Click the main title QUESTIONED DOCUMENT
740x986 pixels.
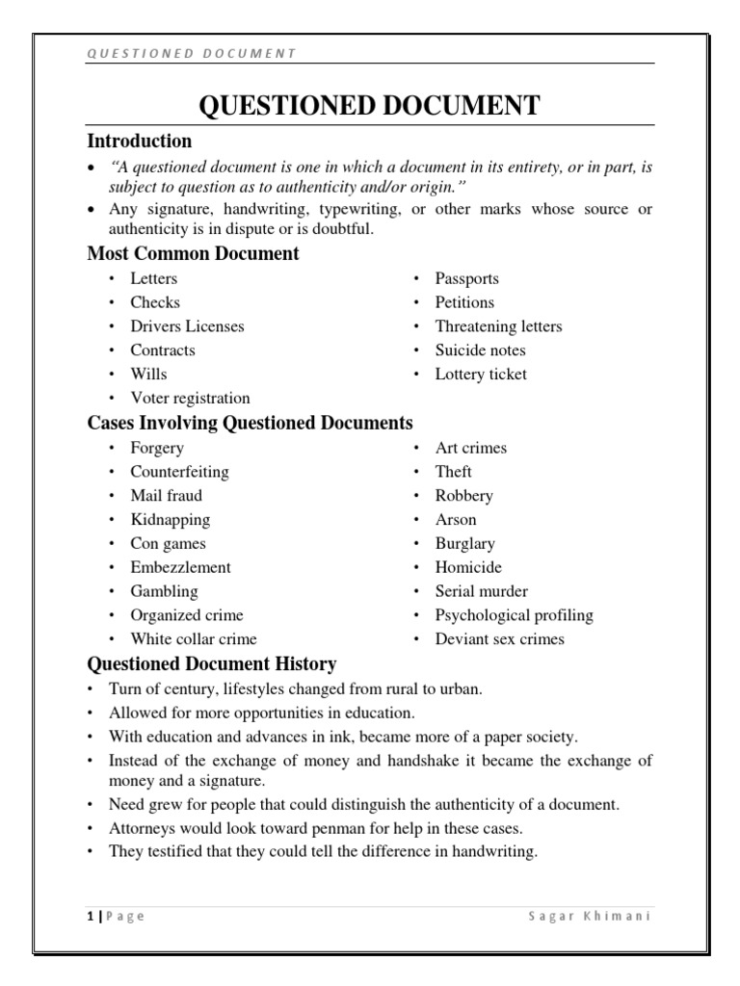369,106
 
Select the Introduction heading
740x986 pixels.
140,142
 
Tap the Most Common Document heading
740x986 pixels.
193,254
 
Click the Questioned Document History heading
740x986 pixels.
212,663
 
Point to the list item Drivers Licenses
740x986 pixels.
188,326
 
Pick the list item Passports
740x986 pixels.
467,278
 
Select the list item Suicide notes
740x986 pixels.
481,350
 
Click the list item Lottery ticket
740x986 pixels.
481,375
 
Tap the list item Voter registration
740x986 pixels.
191,399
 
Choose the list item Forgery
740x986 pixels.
157,448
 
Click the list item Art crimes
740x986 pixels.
471,448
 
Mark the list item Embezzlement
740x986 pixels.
181,568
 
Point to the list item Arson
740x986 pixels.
456,520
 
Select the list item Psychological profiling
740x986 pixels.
515,615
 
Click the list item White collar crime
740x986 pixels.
194,639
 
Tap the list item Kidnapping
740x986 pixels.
171,520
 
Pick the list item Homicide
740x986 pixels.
468,568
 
